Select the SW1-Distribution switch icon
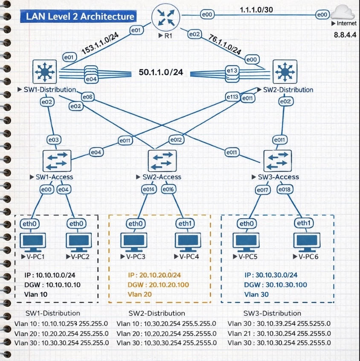tap(45, 72)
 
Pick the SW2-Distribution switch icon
tap(285, 72)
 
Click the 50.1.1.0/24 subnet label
tap(161, 72)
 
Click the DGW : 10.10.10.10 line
tap(53, 285)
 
